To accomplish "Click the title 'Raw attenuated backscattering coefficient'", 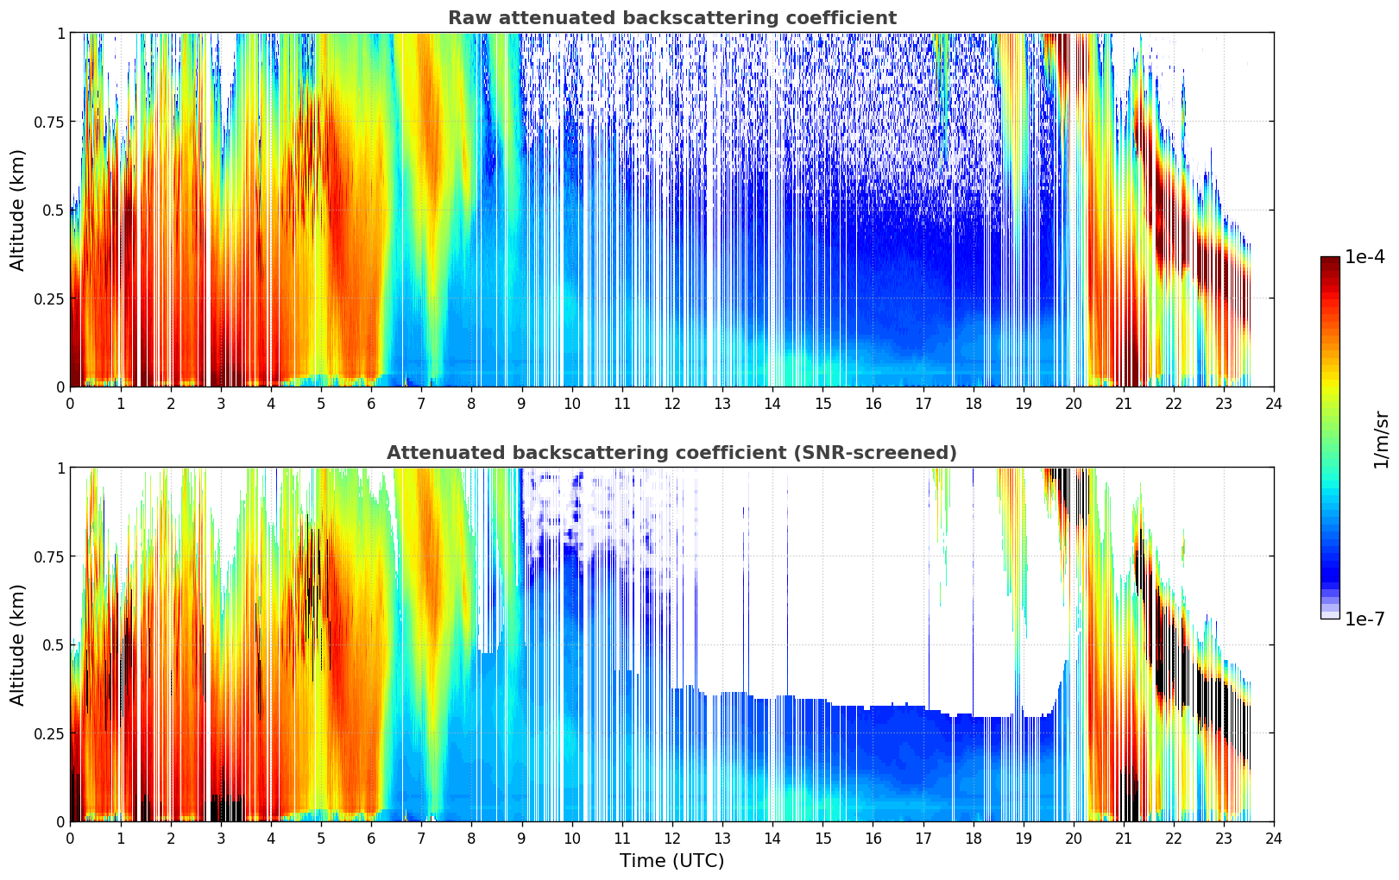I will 671,18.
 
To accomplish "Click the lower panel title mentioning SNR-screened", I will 671,453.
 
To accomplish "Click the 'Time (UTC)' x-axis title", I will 671,860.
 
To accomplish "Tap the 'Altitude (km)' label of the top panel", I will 18,210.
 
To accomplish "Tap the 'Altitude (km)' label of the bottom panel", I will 18,644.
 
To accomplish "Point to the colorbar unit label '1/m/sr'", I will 1381,439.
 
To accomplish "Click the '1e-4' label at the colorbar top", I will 1364,257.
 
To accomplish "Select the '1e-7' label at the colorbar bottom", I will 1364,619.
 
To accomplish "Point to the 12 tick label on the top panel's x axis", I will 672,403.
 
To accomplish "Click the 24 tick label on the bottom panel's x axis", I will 1274,838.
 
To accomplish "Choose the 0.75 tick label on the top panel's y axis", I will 48,122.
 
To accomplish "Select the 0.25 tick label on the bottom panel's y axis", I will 48,733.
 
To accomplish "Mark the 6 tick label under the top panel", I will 371,403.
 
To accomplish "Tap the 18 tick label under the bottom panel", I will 973,838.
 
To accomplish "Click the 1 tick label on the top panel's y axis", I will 60,33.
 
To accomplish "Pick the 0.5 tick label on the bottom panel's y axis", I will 54,644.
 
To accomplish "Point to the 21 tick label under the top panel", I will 1123,403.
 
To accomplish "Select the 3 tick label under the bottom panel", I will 221,838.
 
